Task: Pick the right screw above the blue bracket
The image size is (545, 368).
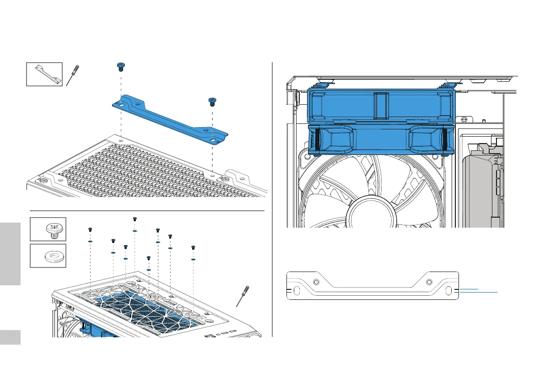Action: [212, 101]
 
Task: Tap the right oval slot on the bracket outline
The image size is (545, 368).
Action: [448, 291]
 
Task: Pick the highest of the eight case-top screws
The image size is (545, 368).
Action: [135, 219]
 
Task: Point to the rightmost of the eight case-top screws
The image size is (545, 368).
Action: [193, 248]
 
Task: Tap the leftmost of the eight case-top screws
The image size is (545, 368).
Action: [90, 229]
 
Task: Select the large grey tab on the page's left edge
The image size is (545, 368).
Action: [10, 254]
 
